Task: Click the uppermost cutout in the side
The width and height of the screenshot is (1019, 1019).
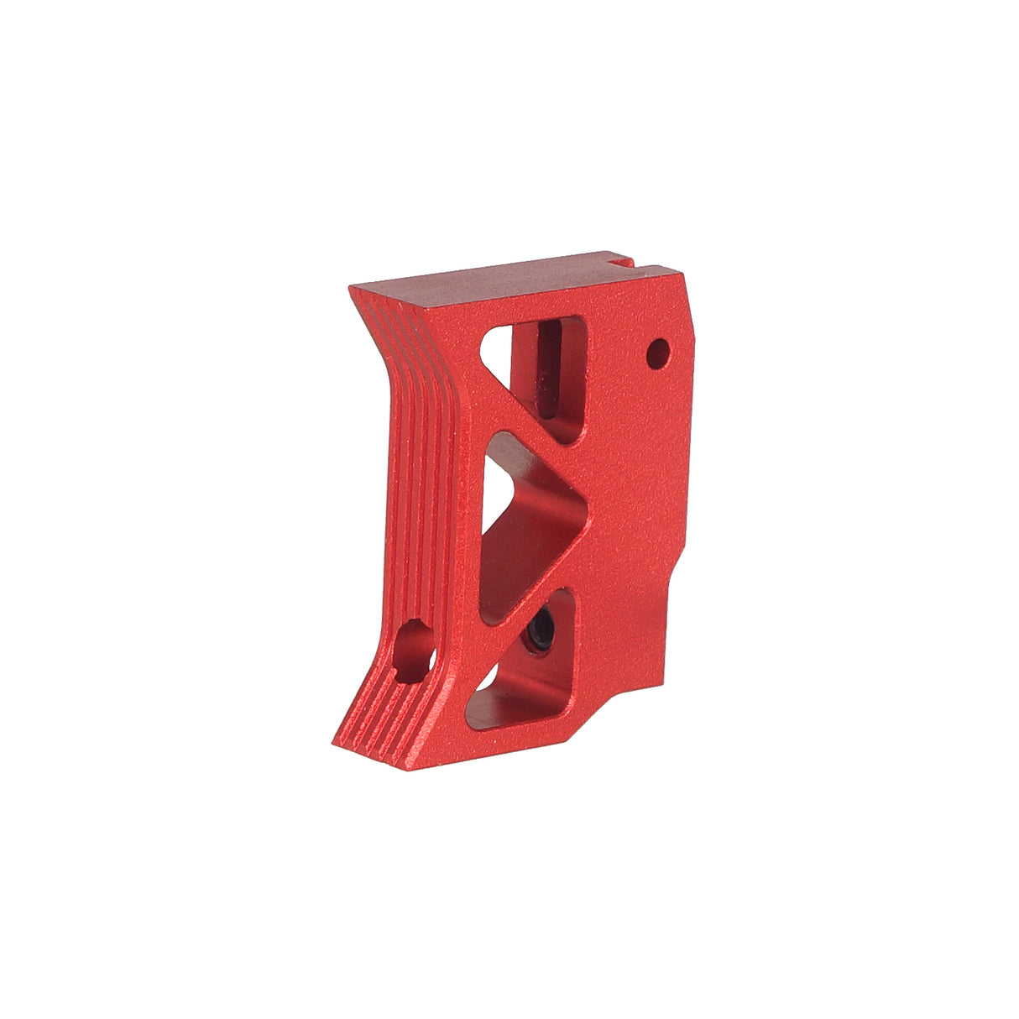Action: (x=546, y=369)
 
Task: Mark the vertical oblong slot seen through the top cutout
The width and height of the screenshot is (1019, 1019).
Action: (x=550, y=369)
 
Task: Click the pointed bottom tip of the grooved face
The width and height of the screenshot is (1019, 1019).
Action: (x=340, y=742)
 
